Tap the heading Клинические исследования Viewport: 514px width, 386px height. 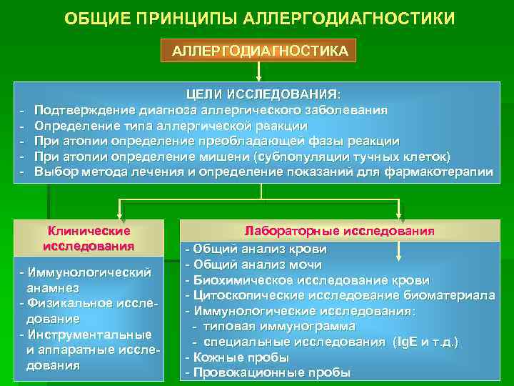(89, 239)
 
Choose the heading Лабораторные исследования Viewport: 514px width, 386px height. (339, 232)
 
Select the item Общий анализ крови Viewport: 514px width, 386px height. (257, 249)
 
